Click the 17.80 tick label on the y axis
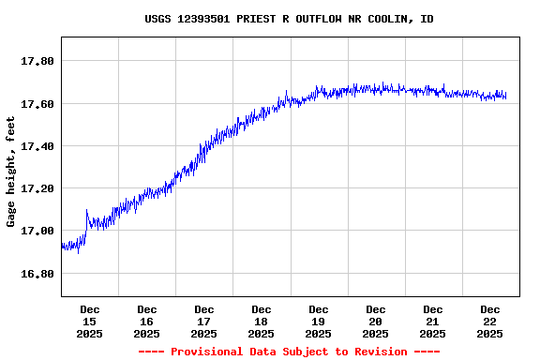coord(37,61)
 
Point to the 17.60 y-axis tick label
coord(37,103)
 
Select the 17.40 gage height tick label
coord(37,146)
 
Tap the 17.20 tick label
coord(37,188)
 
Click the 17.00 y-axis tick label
coord(37,231)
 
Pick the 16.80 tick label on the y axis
coord(37,274)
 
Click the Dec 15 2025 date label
coord(90,321)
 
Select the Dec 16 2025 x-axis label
coord(147,321)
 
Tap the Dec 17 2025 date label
coord(204,321)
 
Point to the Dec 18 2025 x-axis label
coord(262,321)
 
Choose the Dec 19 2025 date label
coord(319,321)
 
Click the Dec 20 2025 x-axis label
coord(376,321)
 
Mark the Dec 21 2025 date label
coord(433,321)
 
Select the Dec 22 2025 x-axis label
coord(490,321)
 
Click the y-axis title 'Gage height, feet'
coord(11,172)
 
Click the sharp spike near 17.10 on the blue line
coord(86,211)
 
